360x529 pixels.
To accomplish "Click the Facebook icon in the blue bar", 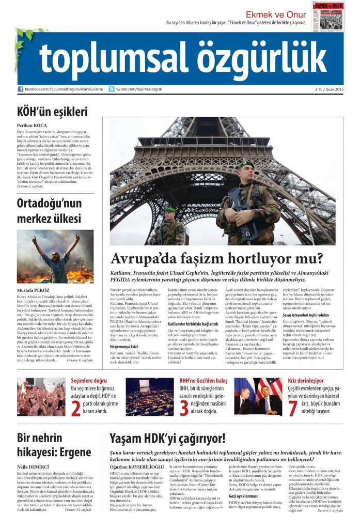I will (x=21, y=89).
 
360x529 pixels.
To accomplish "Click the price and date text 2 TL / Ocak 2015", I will (x=328, y=89).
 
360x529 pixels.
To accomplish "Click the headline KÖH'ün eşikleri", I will (x=52, y=112).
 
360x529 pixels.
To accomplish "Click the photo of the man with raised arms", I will (x=55, y=256).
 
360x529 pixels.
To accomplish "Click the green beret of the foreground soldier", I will (x=246, y=164).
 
